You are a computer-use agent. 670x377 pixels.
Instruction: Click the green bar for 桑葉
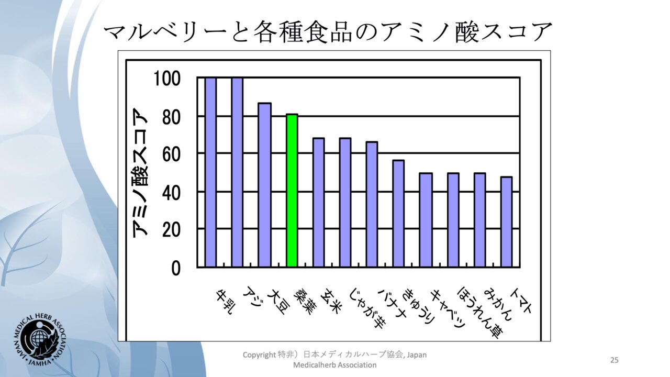[292, 191]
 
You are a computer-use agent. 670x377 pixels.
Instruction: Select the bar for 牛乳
[210, 172]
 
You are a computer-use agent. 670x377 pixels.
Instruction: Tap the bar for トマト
[506, 222]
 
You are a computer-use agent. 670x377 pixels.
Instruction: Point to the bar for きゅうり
[426, 220]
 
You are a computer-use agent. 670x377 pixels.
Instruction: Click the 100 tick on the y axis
[167, 79]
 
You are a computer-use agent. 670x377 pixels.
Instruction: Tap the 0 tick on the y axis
[175, 268]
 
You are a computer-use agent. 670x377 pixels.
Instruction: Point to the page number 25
[615, 360]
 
